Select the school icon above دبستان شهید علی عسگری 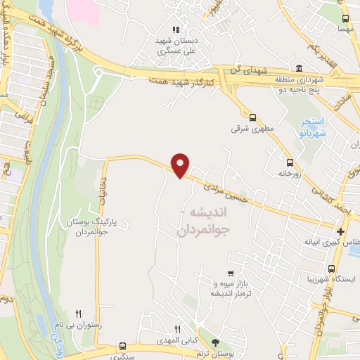pos(176,30)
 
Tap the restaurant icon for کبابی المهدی pos(178,328)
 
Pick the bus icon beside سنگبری pos(123,346)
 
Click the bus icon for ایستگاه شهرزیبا pos(331,269)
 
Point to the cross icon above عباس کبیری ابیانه pos(340,231)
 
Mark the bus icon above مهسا pos(345,19)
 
